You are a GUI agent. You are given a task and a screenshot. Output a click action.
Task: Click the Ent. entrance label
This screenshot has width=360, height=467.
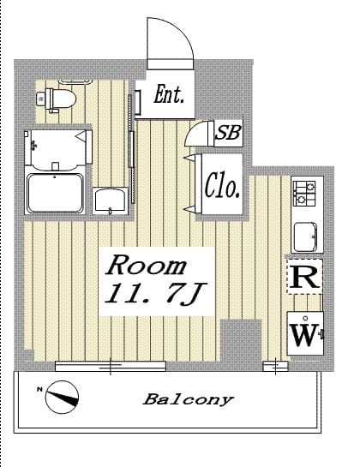point(169,94)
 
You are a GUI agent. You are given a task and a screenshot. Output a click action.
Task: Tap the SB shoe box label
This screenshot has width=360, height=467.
point(228,132)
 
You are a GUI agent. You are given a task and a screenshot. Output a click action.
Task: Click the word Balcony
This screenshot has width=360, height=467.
point(188,399)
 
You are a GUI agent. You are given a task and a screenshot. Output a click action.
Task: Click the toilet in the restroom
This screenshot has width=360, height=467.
point(56,99)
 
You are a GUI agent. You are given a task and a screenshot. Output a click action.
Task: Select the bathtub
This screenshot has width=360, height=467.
point(55,193)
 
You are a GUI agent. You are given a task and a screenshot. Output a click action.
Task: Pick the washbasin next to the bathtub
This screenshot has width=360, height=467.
point(110,201)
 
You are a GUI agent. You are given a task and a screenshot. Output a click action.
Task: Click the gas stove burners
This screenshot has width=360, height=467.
point(304,194)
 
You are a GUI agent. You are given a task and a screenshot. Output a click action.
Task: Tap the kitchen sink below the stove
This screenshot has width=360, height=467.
point(305,237)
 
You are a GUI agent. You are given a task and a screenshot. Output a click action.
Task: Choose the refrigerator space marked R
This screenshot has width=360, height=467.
point(304,277)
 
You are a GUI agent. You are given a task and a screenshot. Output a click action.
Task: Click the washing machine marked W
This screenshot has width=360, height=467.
point(305,333)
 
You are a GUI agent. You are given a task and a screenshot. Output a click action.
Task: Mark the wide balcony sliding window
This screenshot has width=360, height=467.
point(111,366)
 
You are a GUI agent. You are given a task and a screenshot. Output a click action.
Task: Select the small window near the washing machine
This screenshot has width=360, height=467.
point(276,367)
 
